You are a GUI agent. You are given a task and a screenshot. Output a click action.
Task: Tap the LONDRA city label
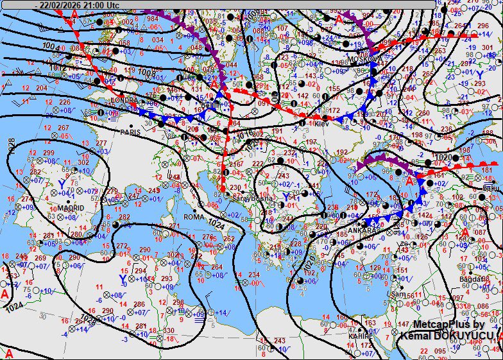point(124,100)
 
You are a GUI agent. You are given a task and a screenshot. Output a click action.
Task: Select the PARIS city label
point(130,132)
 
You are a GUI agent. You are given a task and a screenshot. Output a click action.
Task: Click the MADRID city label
point(71,209)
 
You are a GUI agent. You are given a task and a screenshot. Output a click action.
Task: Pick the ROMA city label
point(193,217)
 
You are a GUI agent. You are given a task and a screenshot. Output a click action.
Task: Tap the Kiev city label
point(321,123)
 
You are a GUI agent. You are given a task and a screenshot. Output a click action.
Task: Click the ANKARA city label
point(360,231)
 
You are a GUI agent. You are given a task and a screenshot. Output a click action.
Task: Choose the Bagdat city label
point(472,279)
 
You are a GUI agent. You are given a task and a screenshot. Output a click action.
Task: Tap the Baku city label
point(491,188)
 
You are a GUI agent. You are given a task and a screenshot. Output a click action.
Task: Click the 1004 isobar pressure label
point(49,46)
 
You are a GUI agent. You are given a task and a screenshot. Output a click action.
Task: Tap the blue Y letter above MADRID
point(62,184)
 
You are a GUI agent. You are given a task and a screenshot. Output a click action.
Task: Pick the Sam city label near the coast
point(398,294)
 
